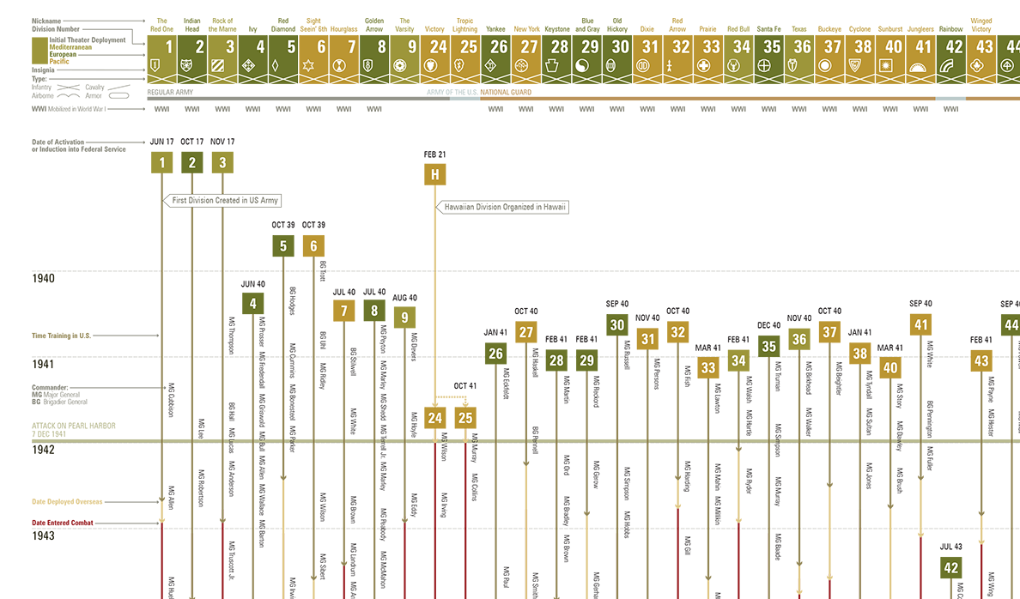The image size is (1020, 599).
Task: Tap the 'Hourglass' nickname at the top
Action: point(343,28)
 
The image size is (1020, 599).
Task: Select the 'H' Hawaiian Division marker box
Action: point(435,174)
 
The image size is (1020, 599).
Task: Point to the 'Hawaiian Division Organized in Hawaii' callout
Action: point(505,207)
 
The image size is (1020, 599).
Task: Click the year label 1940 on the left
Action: point(43,278)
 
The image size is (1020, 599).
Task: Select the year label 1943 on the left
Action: point(43,535)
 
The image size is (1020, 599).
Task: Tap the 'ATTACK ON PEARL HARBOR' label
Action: point(74,426)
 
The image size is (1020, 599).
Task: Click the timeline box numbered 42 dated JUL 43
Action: point(950,568)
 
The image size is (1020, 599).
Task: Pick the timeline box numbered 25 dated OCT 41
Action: point(465,418)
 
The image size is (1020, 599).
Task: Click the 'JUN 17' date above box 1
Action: point(161,142)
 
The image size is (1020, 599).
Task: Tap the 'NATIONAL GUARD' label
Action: point(506,92)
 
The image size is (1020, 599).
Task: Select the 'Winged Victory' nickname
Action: point(981,24)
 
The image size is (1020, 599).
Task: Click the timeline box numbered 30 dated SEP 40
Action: point(617,324)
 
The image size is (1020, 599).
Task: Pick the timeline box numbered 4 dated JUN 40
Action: point(252,302)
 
